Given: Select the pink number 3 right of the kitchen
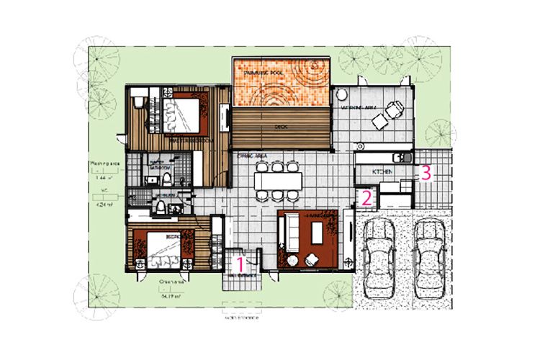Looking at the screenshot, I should pos(426,172).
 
